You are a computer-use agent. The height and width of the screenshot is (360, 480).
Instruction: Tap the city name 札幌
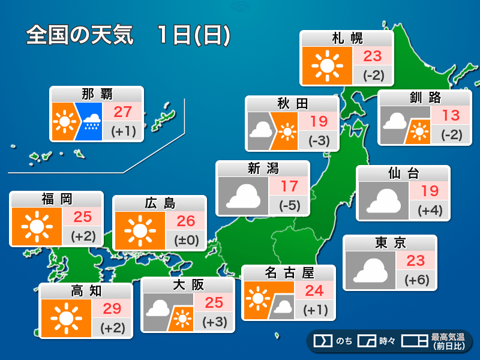pyautogui.click(x=347, y=38)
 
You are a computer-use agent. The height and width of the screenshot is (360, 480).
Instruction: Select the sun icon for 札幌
pyautogui.click(x=327, y=65)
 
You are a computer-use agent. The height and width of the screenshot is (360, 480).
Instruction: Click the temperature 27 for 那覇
pyautogui.click(x=122, y=112)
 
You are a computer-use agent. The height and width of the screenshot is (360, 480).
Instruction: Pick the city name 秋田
pyautogui.click(x=292, y=103)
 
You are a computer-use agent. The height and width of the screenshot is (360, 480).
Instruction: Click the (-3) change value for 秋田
pyautogui.click(x=319, y=140)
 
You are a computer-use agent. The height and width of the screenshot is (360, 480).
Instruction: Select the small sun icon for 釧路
pyautogui.click(x=419, y=130)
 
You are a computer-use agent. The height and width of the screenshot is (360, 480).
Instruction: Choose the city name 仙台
pyautogui.click(x=403, y=174)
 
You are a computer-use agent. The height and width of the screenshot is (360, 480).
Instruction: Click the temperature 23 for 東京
pyautogui.click(x=415, y=260)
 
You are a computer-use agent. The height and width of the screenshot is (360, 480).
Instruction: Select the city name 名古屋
pyautogui.click(x=289, y=273)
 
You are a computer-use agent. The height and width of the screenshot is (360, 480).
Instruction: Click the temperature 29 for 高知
pyautogui.click(x=112, y=309)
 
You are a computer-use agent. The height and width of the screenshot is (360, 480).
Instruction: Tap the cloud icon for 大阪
pyautogui.click(x=157, y=308)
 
